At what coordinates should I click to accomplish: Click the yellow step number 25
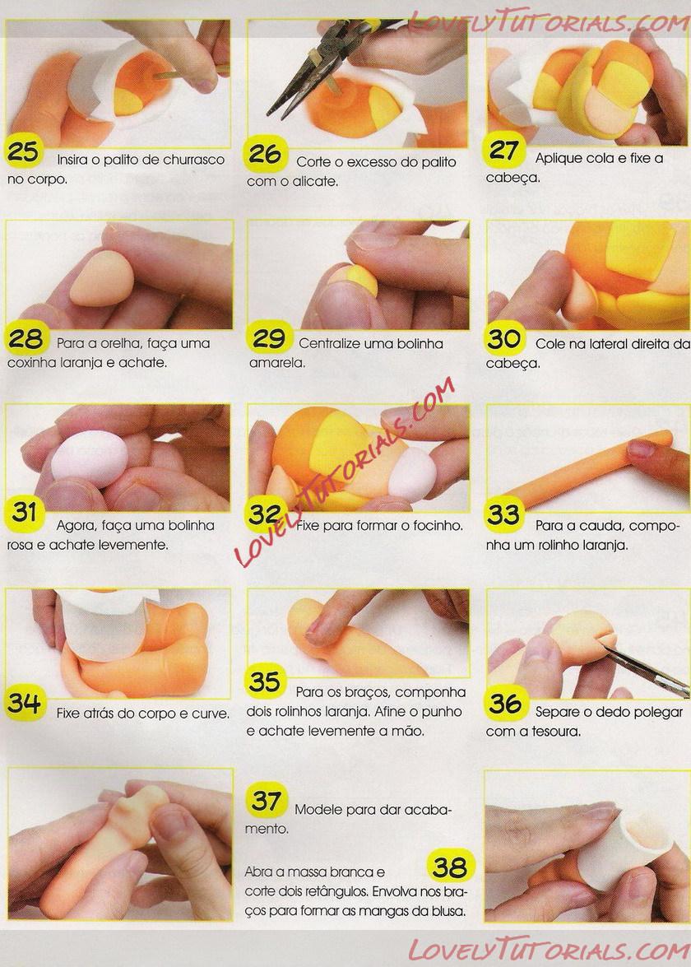point(23,151)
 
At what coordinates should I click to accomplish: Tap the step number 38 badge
point(451,867)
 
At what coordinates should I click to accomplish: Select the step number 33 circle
point(504,514)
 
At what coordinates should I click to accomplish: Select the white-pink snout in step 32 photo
point(412,472)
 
